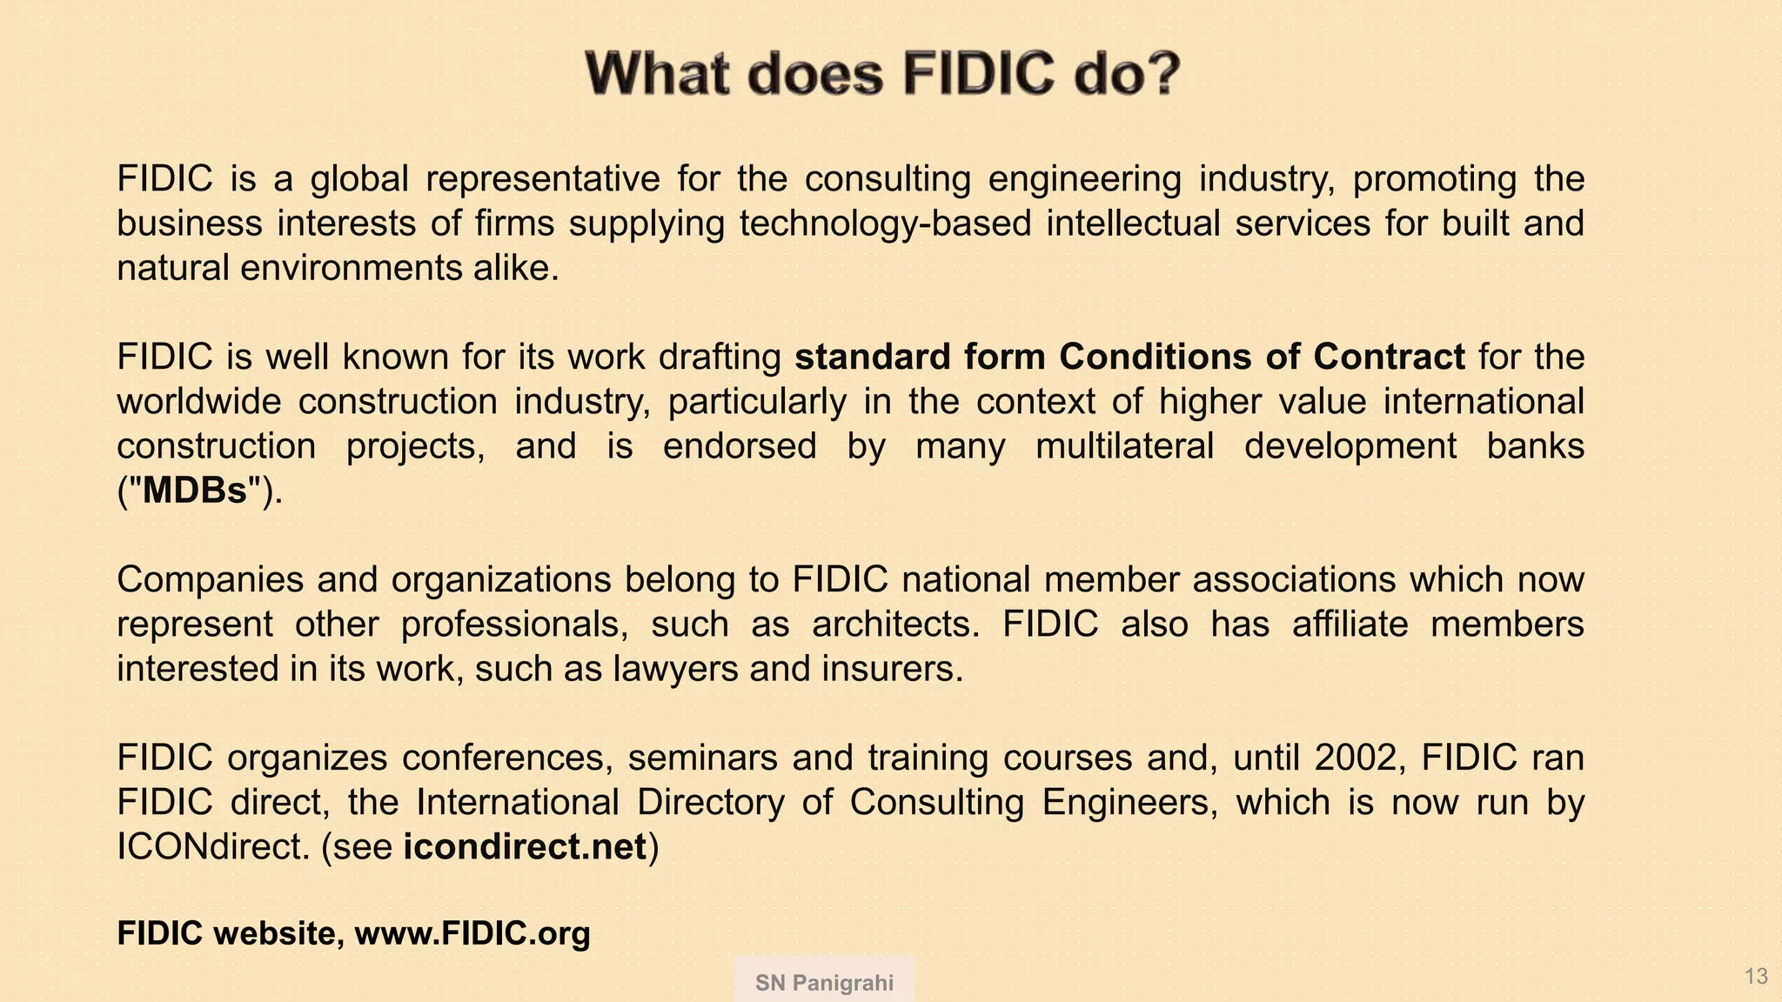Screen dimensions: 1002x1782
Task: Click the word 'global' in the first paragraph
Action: pyautogui.click(x=359, y=179)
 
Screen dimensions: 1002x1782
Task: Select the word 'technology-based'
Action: pyautogui.click(x=885, y=224)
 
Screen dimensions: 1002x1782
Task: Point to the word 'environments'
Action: pyautogui.click(x=350, y=268)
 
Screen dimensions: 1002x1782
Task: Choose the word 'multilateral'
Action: pyautogui.click(x=1124, y=446)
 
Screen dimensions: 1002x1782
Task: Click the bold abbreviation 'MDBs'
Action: pyautogui.click(x=195, y=491)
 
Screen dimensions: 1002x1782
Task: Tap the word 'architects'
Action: pyautogui.click(x=895, y=625)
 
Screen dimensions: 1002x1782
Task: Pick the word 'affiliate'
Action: pyautogui.click(x=1350, y=625)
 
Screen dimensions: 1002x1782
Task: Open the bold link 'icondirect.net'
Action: pyautogui.click(x=525, y=847)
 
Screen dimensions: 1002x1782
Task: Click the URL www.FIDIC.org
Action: pyautogui.click(x=472, y=934)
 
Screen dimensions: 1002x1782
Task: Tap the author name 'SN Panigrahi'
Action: pyautogui.click(x=824, y=983)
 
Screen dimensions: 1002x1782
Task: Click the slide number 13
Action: pyautogui.click(x=1756, y=976)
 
